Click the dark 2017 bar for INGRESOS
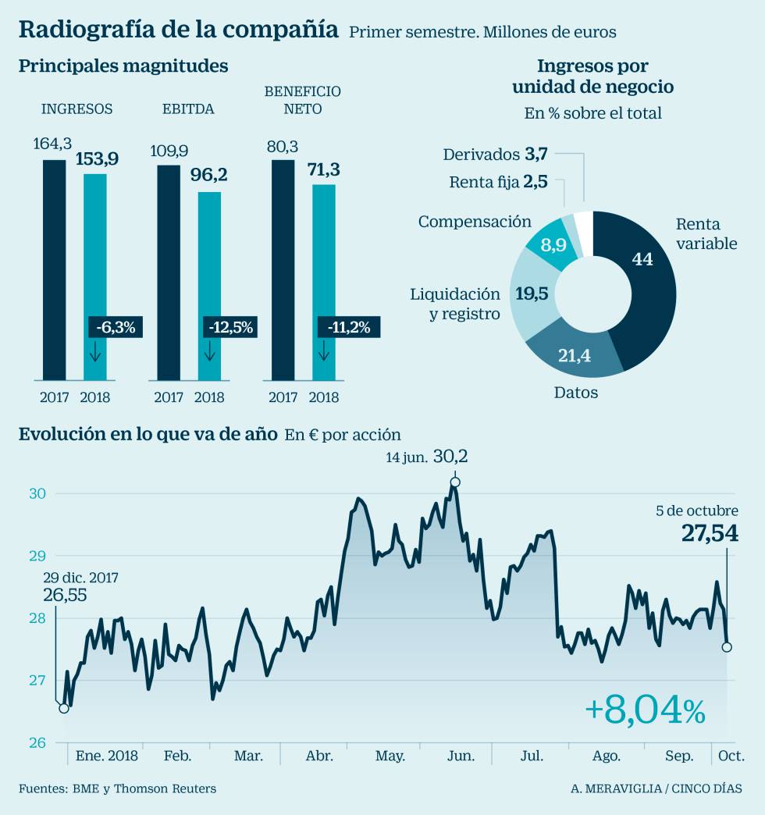point(55,269)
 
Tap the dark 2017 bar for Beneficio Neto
point(283,269)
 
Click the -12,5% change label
point(229,327)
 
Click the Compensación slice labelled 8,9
point(556,245)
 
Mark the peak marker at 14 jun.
point(455,482)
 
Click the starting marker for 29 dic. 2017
point(64,708)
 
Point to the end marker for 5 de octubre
point(727,646)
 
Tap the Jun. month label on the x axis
point(461,756)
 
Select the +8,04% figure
point(645,710)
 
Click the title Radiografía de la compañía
point(178,30)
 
